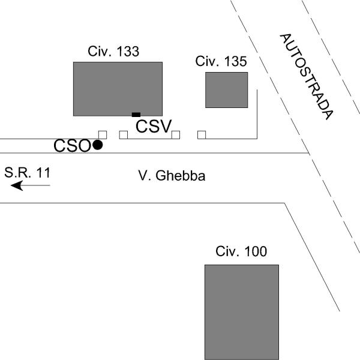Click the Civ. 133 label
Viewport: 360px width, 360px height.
(x=113, y=52)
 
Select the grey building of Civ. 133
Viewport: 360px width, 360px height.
(x=118, y=88)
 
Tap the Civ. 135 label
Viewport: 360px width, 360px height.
(x=221, y=61)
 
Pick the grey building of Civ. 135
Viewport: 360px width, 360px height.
(x=226, y=90)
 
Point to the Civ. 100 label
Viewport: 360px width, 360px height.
(x=242, y=251)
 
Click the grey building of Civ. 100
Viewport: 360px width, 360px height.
(x=242, y=311)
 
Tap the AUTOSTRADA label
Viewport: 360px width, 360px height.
(x=306, y=76)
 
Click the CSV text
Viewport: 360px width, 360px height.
(x=154, y=126)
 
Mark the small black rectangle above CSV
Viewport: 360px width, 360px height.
(x=136, y=115)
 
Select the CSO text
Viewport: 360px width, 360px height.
(x=72, y=146)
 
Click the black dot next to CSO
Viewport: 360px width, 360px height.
(x=97, y=145)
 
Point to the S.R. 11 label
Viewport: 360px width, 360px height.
(x=28, y=173)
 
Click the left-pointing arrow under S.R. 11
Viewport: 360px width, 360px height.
(x=31, y=185)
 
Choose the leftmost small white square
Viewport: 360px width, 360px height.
(x=103, y=134)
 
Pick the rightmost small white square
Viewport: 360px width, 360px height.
(x=202, y=134)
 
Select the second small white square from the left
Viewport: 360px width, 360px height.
(x=123, y=134)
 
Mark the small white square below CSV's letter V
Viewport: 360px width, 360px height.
(x=175, y=134)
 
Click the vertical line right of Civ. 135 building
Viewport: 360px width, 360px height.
(x=257, y=114)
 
